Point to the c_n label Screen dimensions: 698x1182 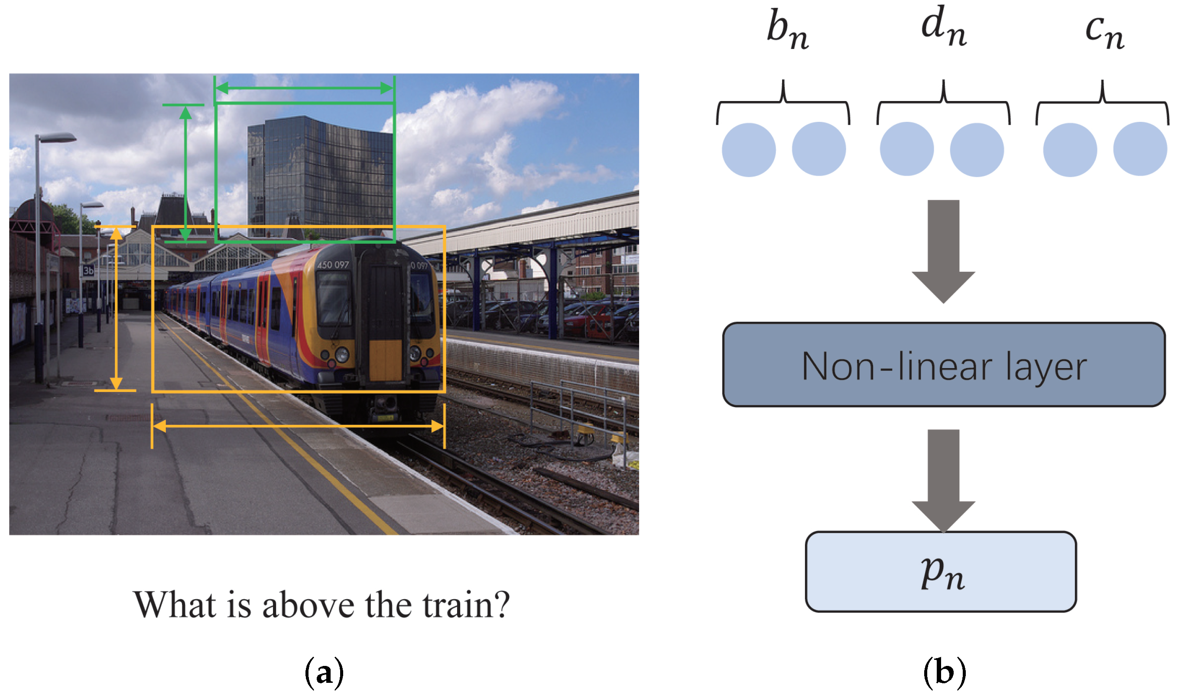pos(1104,31)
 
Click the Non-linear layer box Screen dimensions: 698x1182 pos(943,365)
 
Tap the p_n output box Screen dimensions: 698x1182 pos(941,572)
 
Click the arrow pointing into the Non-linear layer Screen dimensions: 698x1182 pos(943,249)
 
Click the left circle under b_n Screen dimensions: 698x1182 pos(749,150)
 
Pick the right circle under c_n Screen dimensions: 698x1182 pos(1140,149)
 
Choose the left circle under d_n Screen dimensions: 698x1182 pos(906,149)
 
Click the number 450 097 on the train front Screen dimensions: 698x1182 pos(333,265)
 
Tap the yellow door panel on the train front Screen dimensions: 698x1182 pos(385,360)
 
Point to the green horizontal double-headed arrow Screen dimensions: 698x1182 pos(305,88)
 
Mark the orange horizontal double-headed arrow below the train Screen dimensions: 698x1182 pos(298,426)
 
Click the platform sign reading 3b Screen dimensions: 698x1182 pos(88,271)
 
